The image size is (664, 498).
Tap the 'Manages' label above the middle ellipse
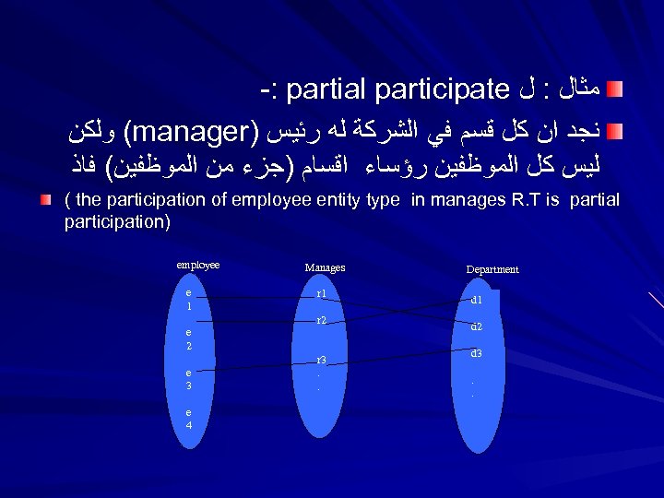pyautogui.click(x=325, y=267)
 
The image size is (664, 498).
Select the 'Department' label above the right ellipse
pyautogui.click(x=492, y=269)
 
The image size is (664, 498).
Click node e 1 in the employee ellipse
pyautogui.click(x=188, y=298)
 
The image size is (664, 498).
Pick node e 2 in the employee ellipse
pyautogui.click(x=188, y=339)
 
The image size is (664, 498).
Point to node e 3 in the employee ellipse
pyautogui.click(x=188, y=378)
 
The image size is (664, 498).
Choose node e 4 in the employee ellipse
pyautogui.click(x=188, y=419)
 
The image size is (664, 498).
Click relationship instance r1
pyautogui.click(x=321, y=294)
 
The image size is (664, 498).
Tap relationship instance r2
pyautogui.click(x=321, y=320)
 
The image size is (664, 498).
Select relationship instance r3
pyautogui.click(x=321, y=360)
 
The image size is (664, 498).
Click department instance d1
pyautogui.click(x=476, y=300)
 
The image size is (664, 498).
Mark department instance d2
pyautogui.click(x=476, y=326)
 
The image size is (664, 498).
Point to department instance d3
pyautogui.click(x=476, y=353)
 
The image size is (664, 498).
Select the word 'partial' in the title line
pyautogui.click(x=323, y=91)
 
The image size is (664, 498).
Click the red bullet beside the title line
pyautogui.click(x=615, y=89)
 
